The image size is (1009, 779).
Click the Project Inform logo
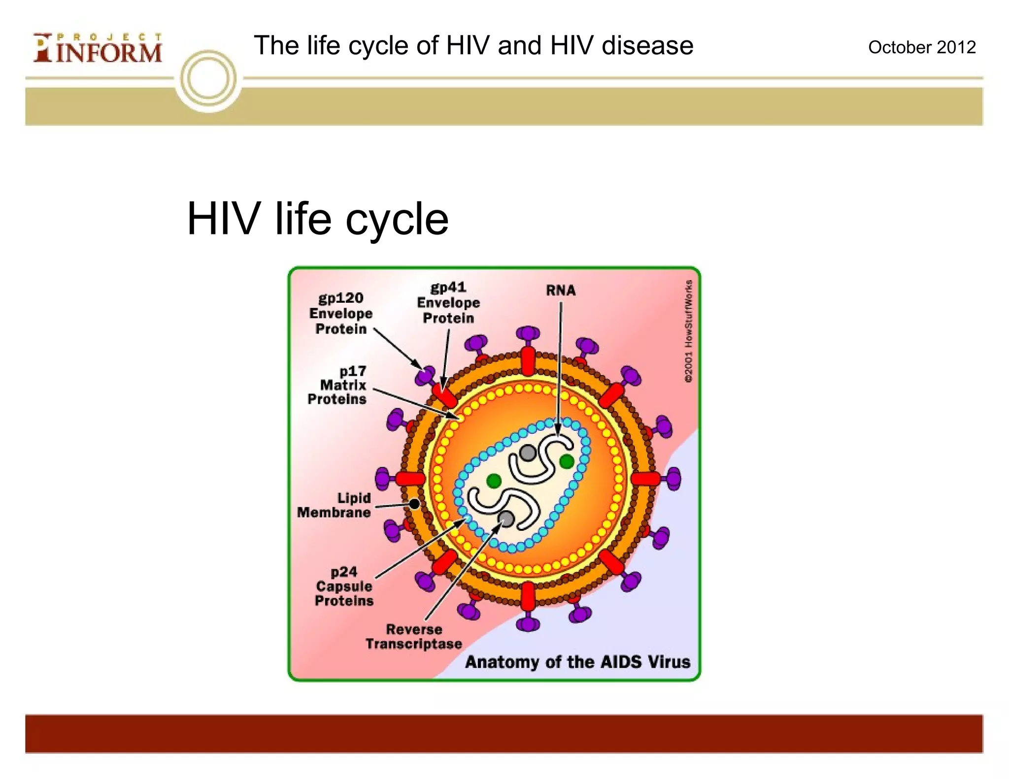(98, 48)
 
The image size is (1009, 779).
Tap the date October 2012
(921, 47)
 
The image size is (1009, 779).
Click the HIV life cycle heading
(318, 219)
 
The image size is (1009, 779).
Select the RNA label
(561, 290)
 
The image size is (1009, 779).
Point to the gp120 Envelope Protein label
(341, 313)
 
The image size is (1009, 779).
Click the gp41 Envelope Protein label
(448, 303)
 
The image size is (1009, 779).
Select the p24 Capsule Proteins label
(344, 586)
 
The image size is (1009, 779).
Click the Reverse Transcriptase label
(414, 637)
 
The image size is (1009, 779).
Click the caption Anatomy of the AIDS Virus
(577, 662)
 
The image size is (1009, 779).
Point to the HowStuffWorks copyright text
(688, 331)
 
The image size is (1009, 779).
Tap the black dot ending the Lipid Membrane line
(414, 504)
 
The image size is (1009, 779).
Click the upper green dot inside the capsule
(567, 461)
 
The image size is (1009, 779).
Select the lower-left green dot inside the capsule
(494, 481)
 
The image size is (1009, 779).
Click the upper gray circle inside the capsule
(528, 452)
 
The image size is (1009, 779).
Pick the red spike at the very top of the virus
(528, 361)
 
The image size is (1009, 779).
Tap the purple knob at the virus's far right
(673, 479)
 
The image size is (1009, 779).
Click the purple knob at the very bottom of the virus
(528, 624)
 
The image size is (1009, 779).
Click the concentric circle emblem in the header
(208, 79)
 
